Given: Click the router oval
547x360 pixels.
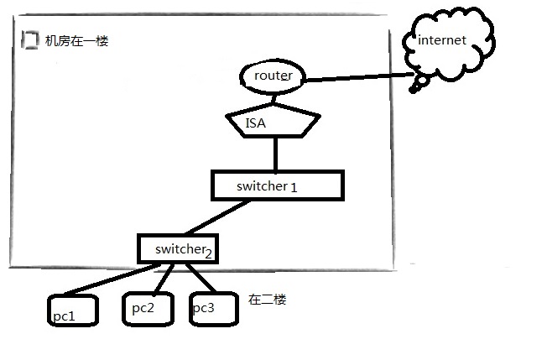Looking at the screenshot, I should (268, 76).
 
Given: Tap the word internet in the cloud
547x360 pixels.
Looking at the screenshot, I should (441, 39).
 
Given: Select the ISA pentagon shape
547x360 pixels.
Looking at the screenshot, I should (273, 124).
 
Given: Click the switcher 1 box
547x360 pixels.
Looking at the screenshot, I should (277, 185).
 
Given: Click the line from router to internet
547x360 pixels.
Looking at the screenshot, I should (357, 80).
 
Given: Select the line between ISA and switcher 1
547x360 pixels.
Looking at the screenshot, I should (275, 154).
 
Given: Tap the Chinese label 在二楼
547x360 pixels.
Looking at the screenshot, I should (268, 300).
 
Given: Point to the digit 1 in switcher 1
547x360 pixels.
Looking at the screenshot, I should (294, 187).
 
